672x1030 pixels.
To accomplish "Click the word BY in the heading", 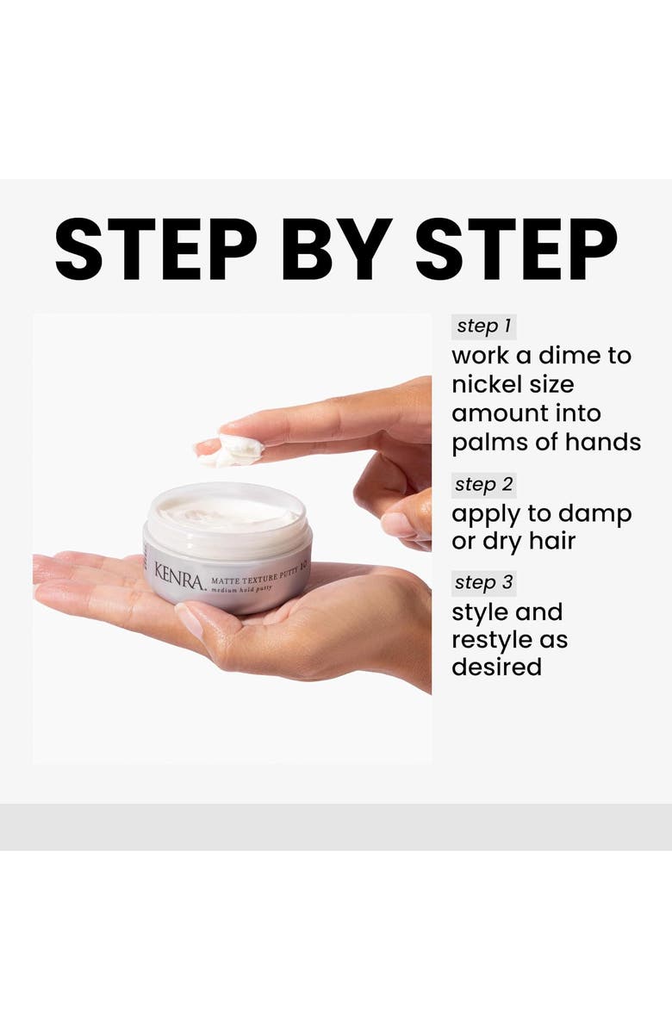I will (338, 249).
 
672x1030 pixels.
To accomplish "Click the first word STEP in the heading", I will (156, 249).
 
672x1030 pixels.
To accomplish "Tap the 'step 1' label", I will (483, 326).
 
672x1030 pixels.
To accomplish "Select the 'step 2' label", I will (483, 484).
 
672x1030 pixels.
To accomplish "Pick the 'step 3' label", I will (483, 582).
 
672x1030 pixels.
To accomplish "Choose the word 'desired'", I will (496, 667).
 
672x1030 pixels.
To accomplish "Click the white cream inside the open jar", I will (227, 512).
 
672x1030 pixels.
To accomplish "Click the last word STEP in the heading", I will (516, 249).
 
